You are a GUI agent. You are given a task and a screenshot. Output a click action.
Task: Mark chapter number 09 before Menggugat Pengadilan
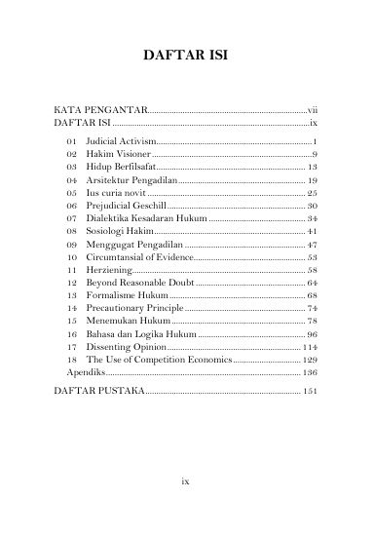coord(71,245)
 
